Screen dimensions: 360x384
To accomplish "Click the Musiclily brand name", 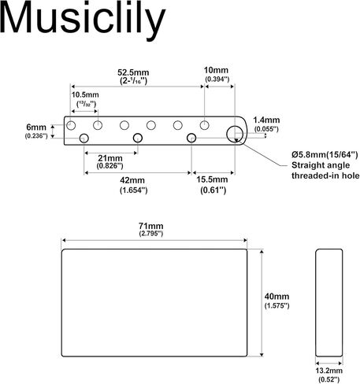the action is pyautogui.click(x=83, y=19).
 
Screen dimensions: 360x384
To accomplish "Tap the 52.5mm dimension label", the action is pyautogui.click(x=133, y=72).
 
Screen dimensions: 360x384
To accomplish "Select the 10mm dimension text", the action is pyautogui.click(x=216, y=70).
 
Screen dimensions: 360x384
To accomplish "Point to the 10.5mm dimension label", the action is pyautogui.click(x=85, y=94).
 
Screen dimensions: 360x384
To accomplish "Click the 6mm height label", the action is pyautogui.click(x=36, y=127).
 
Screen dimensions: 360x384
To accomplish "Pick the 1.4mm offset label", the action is pyautogui.click(x=266, y=120).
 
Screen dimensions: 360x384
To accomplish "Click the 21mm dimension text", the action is pyautogui.click(x=110, y=158).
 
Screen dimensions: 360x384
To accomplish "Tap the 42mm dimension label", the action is pyautogui.click(x=132, y=180).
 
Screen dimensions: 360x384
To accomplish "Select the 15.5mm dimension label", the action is pyautogui.click(x=212, y=179).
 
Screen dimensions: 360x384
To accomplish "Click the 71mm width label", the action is pyautogui.click(x=151, y=226).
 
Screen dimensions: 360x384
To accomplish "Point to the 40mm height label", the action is pyautogui.click(x=276, y=297).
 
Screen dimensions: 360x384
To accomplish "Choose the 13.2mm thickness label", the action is pyautogui.click(x=329, y=371).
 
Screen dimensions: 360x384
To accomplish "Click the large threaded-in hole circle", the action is pyautogui.click(x=227, y=134).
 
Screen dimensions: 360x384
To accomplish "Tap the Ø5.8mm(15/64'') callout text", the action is pyautogui.click(x=325, y=155).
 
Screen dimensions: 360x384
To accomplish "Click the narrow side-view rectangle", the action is pyautogui.click(x=316, y=303).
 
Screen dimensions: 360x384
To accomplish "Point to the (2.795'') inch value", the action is pyautogui.click(x=151, y=234).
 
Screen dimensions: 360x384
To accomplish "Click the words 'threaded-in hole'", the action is pyautogui.click(x=325, y=175).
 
